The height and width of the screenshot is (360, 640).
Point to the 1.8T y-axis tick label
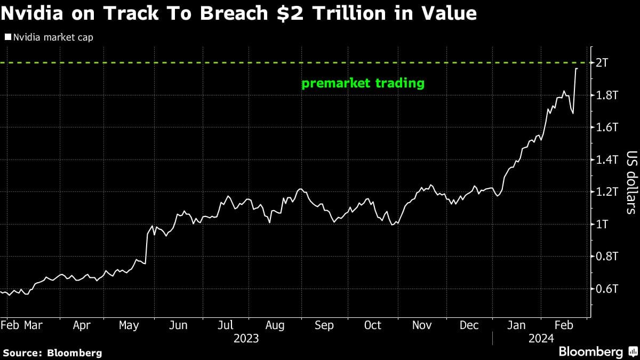606,95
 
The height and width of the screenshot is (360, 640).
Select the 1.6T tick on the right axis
606,127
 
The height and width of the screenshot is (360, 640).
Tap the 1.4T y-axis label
606,160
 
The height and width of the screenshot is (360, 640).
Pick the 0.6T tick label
606,289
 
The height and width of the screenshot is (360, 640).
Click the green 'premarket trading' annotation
363,83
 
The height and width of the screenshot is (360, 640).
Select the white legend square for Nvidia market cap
7,37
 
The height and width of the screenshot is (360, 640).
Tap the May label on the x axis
129,325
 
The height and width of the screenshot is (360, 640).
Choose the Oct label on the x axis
372,325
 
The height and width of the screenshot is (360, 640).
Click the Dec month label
469,325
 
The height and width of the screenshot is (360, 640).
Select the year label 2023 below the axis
246,339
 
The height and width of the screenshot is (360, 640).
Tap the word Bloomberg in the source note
75,353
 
